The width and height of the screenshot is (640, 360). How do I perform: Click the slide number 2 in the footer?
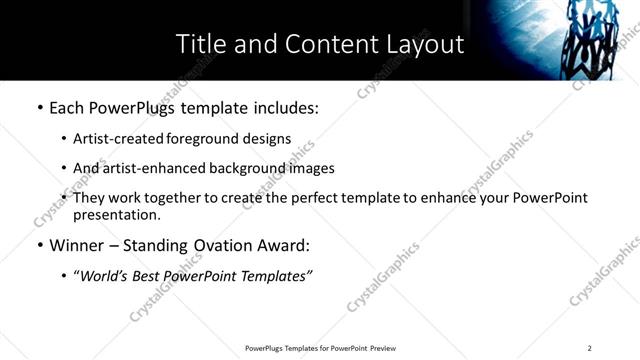(590, 347)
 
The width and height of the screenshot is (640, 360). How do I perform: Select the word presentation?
(116, 215)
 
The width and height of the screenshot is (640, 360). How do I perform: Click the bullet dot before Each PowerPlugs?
(39, 108)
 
